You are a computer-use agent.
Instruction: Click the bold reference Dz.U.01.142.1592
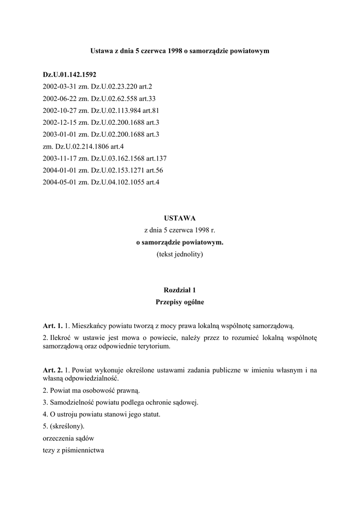pos(70,75)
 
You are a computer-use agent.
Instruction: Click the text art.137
pos(156,158)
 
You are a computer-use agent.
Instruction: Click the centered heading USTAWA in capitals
pos(180,218)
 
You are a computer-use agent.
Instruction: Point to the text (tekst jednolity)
pos(180,254)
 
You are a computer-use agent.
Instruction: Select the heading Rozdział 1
pos(180,290)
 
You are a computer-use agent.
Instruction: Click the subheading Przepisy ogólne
pos(180,302)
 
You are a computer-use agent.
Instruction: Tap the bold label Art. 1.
pos(53,326)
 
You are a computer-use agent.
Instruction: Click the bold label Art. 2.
pos(53,370)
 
